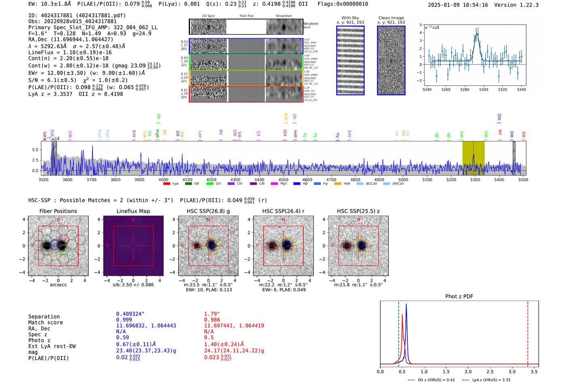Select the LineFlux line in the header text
pos(70,52)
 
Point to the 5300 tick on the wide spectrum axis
pos(475,180)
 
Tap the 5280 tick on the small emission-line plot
pos(465,90)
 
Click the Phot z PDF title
pos(459,296)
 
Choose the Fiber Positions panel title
pos(58,211)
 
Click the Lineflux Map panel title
pos(133,211)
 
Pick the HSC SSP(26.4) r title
pos(283,211)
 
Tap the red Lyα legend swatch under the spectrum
pos(166,184)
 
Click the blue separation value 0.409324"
pos(130,314)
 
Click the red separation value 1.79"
pos(212,314)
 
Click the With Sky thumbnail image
pos(350,60)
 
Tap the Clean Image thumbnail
pos(391,60)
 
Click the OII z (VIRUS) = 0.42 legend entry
pos(432,380)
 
